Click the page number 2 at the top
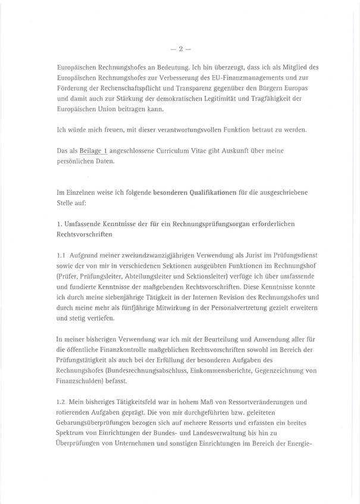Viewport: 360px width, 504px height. point(180,44)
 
